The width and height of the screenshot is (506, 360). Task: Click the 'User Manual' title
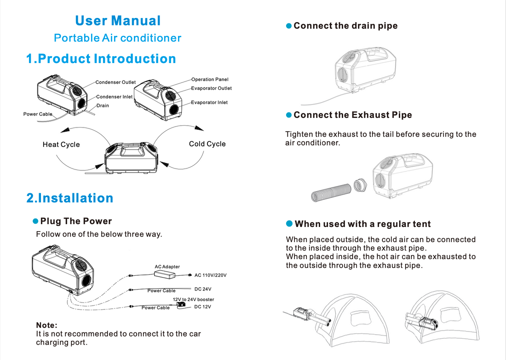tap(118, 21)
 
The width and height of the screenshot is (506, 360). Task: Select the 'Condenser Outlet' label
tap(115, 82)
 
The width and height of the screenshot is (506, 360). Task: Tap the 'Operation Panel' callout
tap(210, 80)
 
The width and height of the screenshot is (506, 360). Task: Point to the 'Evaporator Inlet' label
tap(209, 103)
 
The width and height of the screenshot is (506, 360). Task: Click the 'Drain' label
tap(103, 106)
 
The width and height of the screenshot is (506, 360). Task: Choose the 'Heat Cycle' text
tap(61, 145)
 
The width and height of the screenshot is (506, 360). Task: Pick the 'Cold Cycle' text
tap(207, 144)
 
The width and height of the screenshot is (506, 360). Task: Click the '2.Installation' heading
tap(70, 198)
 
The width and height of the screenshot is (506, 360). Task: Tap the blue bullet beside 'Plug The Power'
tap(35, 221)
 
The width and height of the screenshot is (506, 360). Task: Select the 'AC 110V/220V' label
tap(210, 275)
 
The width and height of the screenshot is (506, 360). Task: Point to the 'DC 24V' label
tap(202, 289)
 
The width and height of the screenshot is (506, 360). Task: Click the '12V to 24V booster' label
tap(193, 300)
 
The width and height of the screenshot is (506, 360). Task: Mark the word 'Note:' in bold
tap(46, 325)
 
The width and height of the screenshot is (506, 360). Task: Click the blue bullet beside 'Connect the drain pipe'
tap(289, 26)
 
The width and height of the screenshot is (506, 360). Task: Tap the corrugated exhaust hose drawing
tap(331, 192)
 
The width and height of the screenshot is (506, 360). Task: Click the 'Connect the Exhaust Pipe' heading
tap(352, 115)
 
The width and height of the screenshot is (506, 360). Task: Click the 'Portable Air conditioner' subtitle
tap(118, 38)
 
